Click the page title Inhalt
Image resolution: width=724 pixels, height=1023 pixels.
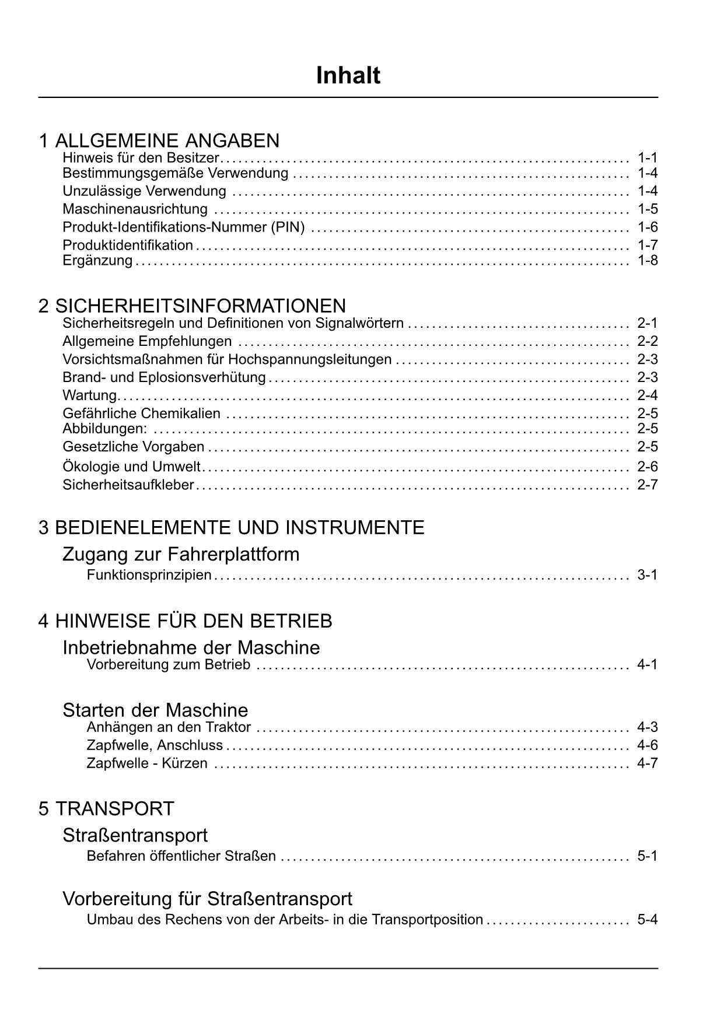(x=348, y=76)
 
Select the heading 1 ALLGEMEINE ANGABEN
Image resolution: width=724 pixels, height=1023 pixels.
(x=159, y=141)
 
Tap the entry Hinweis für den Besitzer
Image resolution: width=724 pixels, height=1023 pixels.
(x=141, y=157)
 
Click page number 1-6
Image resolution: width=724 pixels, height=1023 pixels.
(x=647, y=227)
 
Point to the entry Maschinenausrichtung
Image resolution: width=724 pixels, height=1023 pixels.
(x=135, y=209)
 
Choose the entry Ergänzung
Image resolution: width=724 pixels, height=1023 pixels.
(x=97, y=260)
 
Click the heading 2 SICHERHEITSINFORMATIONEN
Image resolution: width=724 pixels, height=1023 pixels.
(x=192, y=306)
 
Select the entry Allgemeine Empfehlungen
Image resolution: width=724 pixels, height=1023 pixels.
(x=147, y=341)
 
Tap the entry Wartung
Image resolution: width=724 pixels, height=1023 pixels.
(x=90, y=395)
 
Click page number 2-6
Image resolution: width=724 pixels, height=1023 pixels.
(x=647, y=467)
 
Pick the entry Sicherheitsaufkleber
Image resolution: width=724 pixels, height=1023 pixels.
(x=128, y=485)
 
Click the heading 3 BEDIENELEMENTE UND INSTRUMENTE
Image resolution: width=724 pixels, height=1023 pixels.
(x=231, y=528)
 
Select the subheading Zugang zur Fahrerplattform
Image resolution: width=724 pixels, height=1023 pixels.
(x=181, y=554)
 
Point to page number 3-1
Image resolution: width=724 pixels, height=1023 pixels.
(x=647, y=575)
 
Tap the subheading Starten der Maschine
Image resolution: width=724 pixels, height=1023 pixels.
(x=155, y=710)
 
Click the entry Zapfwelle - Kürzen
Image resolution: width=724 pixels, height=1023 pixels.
(x=147, y=763)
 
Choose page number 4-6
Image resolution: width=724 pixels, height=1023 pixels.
(x=647, y=745)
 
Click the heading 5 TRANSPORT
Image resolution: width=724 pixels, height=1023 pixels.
(x=106, y=809)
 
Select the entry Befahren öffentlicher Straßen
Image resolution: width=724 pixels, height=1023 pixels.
(x=181, y=856)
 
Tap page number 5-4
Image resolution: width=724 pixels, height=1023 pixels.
(x=647, y=920)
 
